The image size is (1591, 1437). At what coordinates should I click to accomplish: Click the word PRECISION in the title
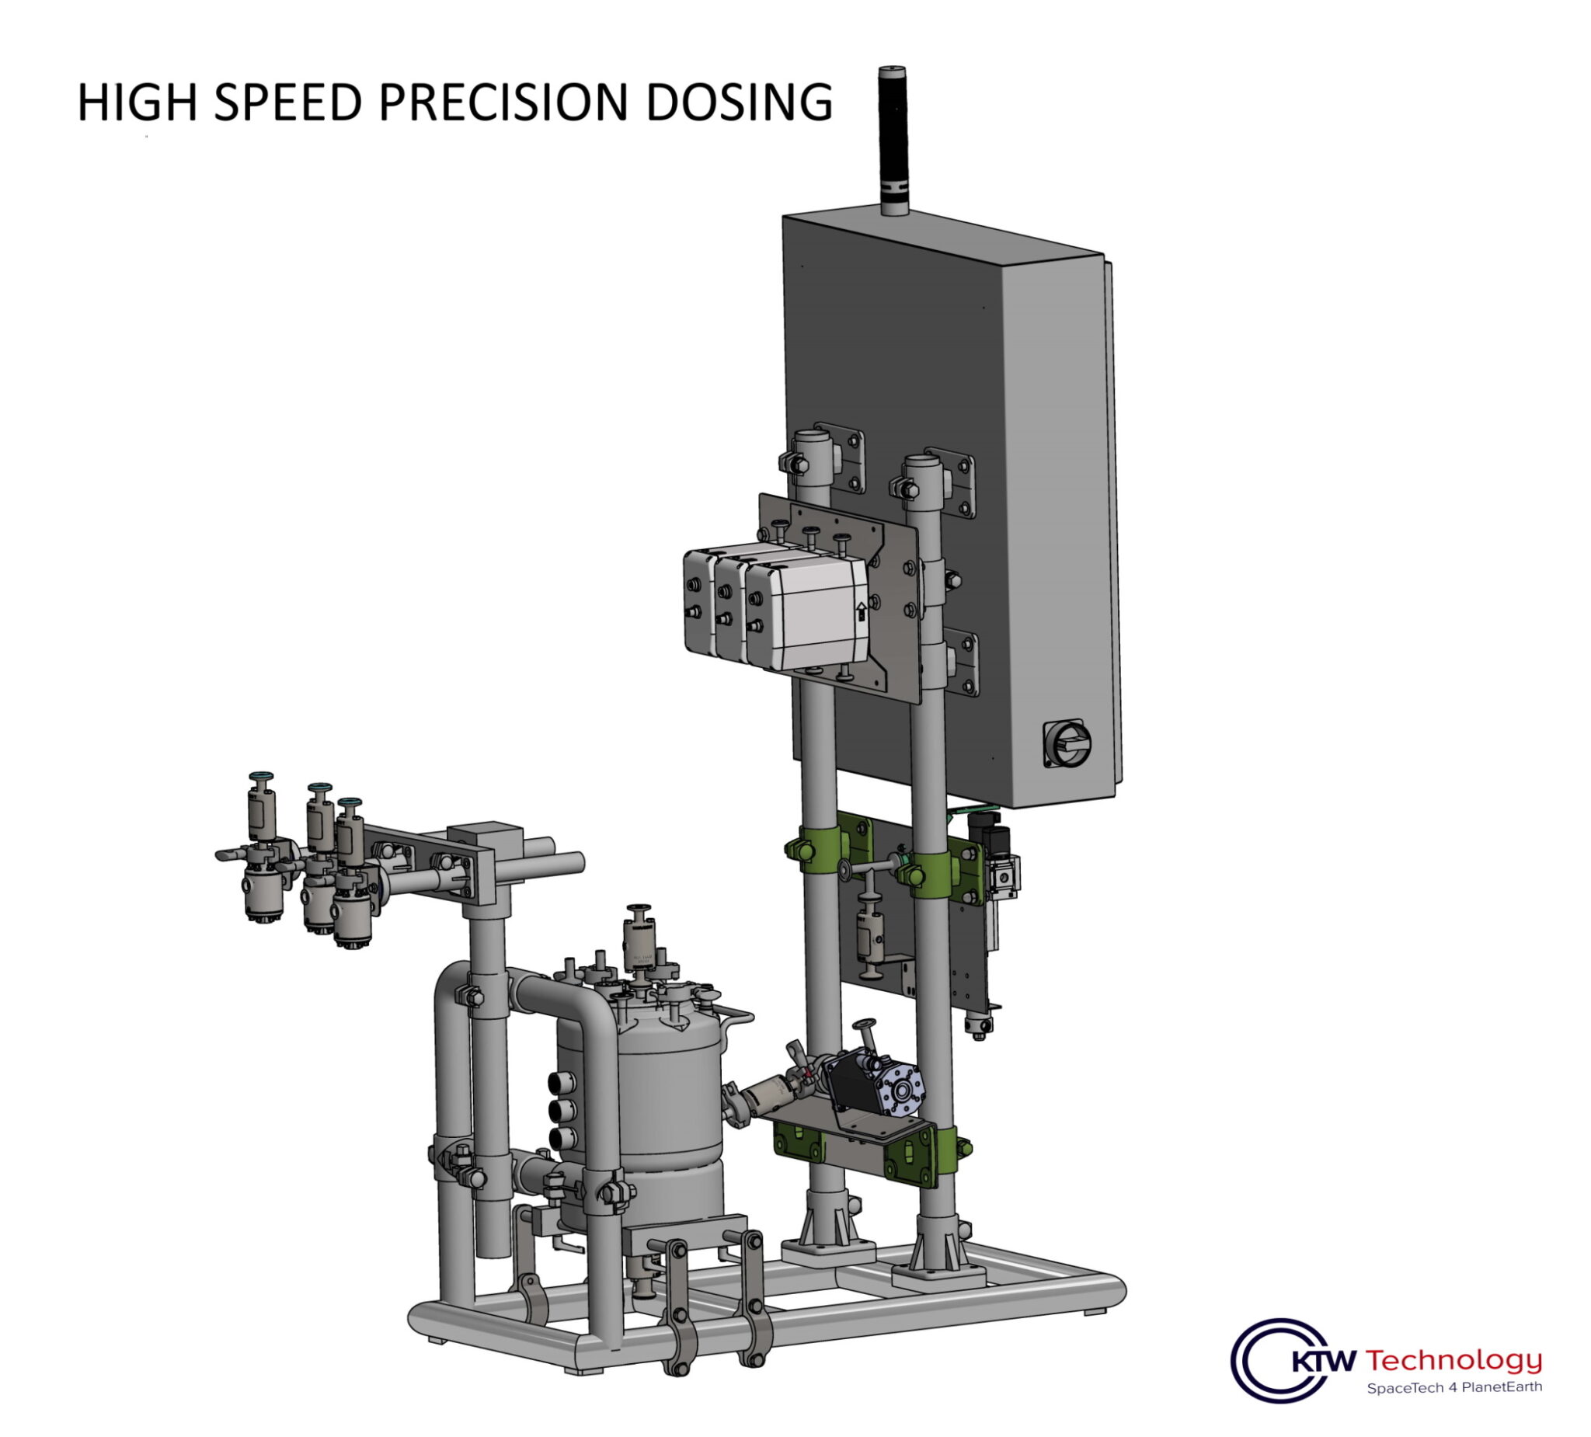click(x=503, y=103)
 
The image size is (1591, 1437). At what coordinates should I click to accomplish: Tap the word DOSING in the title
click(x=739, y=103)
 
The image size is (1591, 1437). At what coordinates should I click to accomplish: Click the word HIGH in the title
click(x=136, y=103)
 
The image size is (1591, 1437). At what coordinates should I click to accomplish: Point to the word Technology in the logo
click(x=1453, y=1360)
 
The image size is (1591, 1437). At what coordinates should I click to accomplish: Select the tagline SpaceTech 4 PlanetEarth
click(x=1453, y=1387)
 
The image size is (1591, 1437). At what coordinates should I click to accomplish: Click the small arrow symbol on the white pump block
click(x=861, y=611)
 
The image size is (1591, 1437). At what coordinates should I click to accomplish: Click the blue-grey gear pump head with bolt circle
click(x=900, y=1091)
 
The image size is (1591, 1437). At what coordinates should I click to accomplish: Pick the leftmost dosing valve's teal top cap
click(x=261, y=778)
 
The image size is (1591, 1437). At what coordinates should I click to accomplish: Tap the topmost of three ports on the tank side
click(x=562, y=1082)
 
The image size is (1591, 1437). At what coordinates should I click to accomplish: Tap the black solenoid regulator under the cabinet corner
click(x=987, y=833)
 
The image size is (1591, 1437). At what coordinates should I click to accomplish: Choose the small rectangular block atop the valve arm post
click(x=485, y=836)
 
